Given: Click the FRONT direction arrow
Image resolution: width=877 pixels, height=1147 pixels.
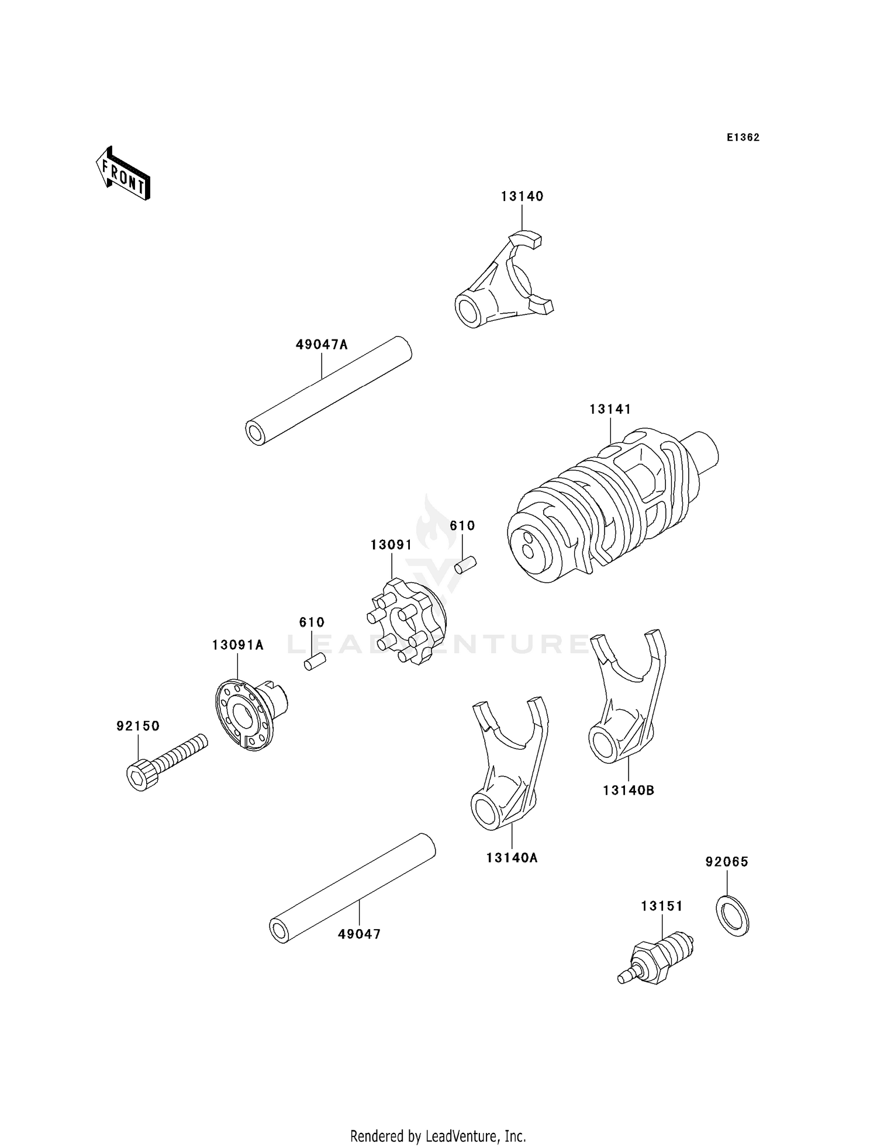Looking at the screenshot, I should pyautogui.click(x=123, y=174).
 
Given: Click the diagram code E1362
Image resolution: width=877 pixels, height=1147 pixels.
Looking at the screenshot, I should pyautogui.click(x=743, y=137).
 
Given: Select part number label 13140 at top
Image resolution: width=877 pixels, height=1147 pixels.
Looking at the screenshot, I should pyautogui.click(x=522, y=196).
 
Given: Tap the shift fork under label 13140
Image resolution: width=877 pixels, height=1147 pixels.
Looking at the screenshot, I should pyautogui.click(x=503, y=283).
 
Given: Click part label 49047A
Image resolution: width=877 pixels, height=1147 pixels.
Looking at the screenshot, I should pyautogui.click(x=321, y=345).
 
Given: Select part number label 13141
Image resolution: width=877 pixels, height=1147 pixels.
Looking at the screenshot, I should pyautogui.click(x=610, y=409).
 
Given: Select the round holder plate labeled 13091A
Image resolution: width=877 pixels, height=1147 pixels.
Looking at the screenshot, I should pyautogui.click(x=246, y=714).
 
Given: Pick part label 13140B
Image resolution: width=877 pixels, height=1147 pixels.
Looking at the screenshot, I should pyautogui.click(x=628, y=790).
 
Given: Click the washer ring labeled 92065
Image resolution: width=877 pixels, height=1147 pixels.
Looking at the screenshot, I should pyautogui.click(x=732, y=915).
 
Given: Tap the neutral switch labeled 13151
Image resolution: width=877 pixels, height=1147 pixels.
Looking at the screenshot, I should pyautogui.click(x=658, y=958).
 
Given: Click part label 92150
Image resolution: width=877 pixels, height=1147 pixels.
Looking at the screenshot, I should pyautogui.click(x=137, y=726).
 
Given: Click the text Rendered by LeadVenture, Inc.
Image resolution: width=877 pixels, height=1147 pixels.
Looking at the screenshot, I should pyautogui.click(x=438, y=1136).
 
